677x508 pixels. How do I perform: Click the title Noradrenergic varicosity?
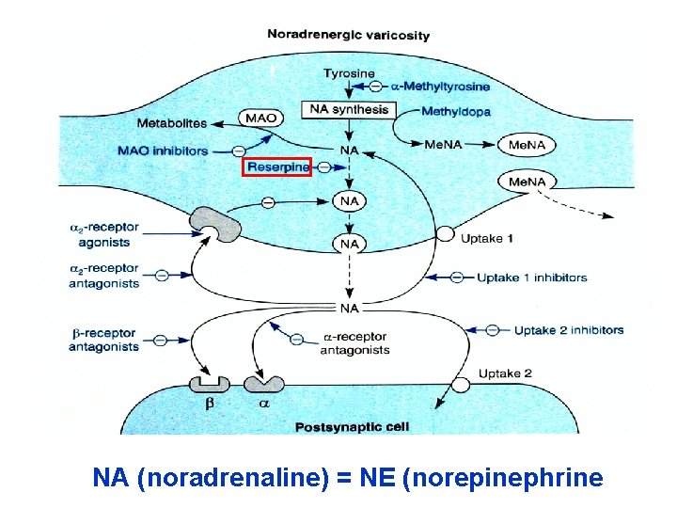pyautogui.click(x=348, y=35)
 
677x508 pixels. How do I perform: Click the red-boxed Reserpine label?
pyautogui.click(x=276, y=167)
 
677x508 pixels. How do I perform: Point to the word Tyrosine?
pyautogui.click(x=349, y=73)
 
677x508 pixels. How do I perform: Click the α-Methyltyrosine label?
pyautogui.click(x=440, y=87)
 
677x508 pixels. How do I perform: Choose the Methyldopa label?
pyautogui.click(x=455, y=112)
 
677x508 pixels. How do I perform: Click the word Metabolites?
pyautogui.click(x=172, y=123)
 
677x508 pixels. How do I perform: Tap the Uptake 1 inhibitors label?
pyautogui.click(x=531, y=278)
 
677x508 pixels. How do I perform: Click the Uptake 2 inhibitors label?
pyautogui.click(x=568, y=330)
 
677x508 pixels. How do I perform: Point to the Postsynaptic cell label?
pyautogui.click(x=353, y=427)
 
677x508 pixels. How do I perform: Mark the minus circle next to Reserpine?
pyautogui.click(x=324, y=167)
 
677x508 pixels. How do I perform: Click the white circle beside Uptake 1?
pyautogui.click(x=445, y=235)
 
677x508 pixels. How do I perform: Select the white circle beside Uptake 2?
pyautogui.click(x=461, y=384)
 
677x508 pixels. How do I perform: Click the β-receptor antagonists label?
pyautogui.click(x=103, y=340)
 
